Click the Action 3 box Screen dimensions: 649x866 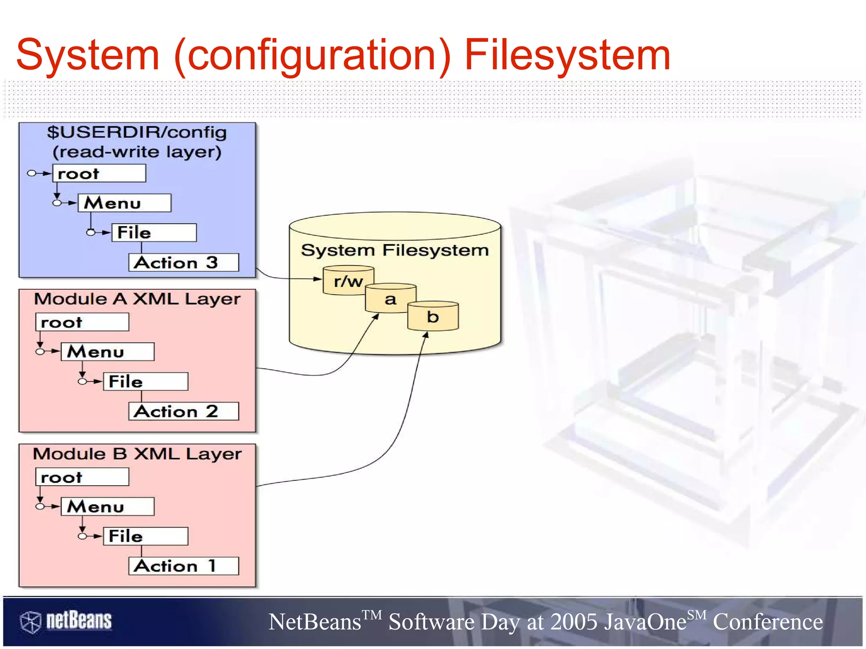184,263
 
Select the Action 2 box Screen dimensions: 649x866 184,411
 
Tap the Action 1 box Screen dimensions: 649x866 184,566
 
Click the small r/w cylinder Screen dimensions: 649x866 348,281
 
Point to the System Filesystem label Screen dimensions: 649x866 395,250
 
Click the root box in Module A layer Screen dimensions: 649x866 82,322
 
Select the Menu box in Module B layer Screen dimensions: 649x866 107,507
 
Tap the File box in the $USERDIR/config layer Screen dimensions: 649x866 154,233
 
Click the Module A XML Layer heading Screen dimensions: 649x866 137,299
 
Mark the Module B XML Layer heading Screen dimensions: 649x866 137,454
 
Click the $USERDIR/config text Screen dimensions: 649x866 137,132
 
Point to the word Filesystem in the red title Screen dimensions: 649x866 567,55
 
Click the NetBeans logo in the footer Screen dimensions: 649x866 66,621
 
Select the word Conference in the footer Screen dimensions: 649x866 768,622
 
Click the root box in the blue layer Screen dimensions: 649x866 99,173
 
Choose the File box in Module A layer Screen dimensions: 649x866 145,382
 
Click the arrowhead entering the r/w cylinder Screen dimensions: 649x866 318,279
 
